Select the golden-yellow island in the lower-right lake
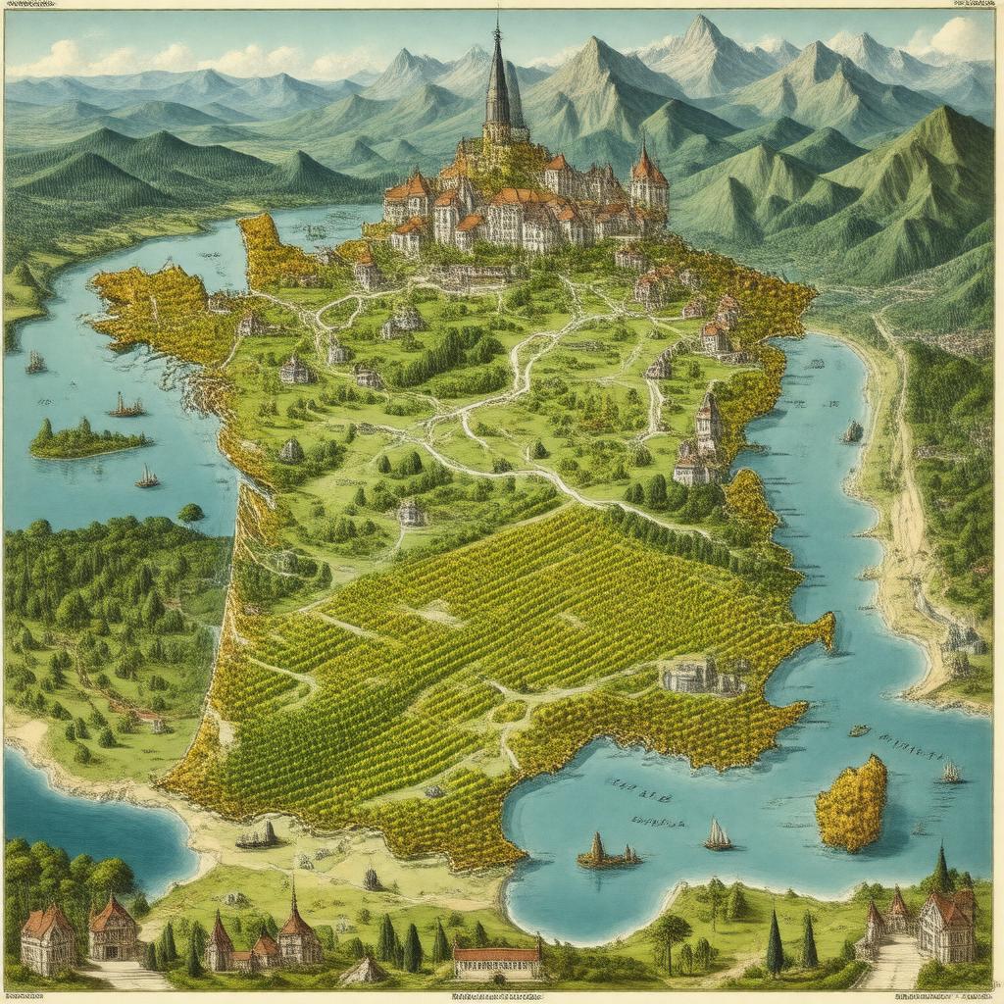click(852, 803)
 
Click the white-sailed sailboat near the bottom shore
click(718, 835)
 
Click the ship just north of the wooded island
click(125, 405)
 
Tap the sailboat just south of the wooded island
click(147, 477)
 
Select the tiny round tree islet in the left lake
click(191, 513)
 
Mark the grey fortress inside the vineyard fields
click(700, 676)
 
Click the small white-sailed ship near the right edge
click(950, 772)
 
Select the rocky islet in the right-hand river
click(852, 431)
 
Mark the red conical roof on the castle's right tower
click(647, 167)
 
